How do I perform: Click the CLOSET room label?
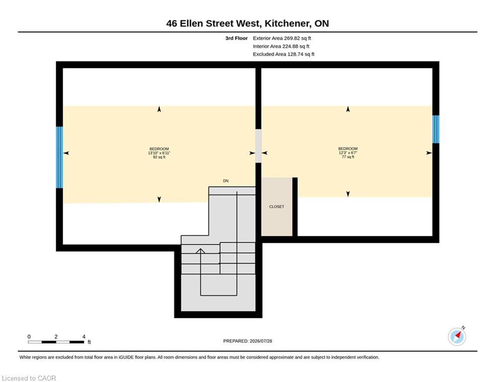tap(277, 206)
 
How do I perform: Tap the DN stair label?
tap(226, 181)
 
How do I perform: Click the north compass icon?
tap(457, 337)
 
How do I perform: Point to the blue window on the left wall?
tap(59, 157)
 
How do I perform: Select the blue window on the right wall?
tap(436, 129)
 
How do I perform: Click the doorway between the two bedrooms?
tap(258, 146)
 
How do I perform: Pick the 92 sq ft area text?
tap(159, 157)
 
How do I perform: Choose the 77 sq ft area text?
tap(348, 157)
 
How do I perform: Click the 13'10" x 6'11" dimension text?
tap(159, 153)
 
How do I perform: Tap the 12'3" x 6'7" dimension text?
tap(348, 153)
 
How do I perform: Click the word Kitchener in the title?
tap(287, 23)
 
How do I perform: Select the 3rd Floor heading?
tap(236, 38)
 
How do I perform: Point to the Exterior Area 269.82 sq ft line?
tap(282, 38)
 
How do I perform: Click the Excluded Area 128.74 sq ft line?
tap(284, 54)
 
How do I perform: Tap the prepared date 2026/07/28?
tap(261, 341)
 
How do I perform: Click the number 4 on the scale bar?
tap(84, 337)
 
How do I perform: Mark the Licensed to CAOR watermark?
tap(29, 378)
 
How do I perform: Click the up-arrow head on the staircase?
tap(200, 251)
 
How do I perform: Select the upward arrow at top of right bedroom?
tap(348, 109)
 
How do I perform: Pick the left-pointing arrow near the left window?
tap(66, 153)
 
